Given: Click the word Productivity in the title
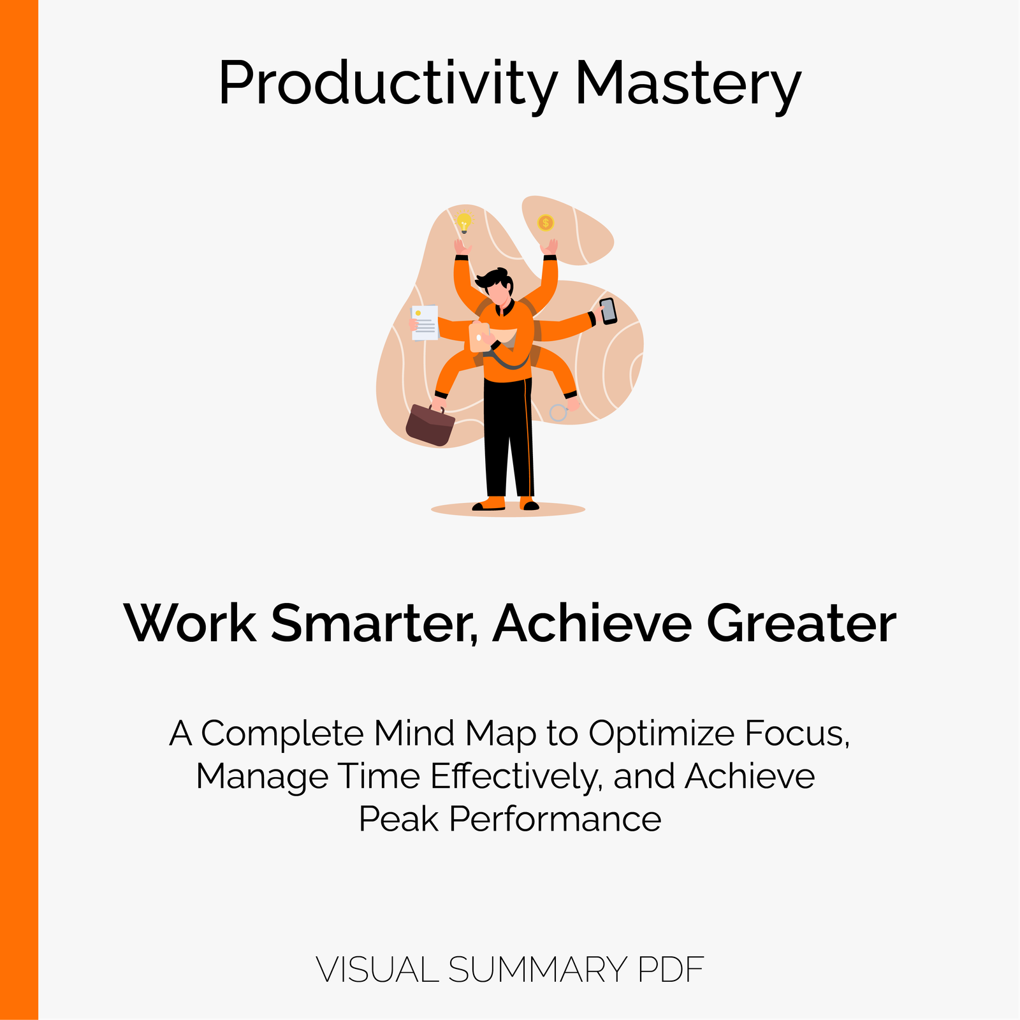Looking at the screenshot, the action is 388,85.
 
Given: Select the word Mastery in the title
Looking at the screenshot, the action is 688,85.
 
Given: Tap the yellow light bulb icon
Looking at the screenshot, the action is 464,222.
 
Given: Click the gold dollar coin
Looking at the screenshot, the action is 545,222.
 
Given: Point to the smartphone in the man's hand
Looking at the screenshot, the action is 608,311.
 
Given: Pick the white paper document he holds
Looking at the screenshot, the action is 425,323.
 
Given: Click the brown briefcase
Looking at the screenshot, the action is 430,425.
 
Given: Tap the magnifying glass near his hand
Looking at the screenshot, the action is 558,412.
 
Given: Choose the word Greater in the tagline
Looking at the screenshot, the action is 801,623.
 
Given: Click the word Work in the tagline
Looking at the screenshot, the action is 190,623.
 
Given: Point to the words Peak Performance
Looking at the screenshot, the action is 510,819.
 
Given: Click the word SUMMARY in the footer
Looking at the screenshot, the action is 538,970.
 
